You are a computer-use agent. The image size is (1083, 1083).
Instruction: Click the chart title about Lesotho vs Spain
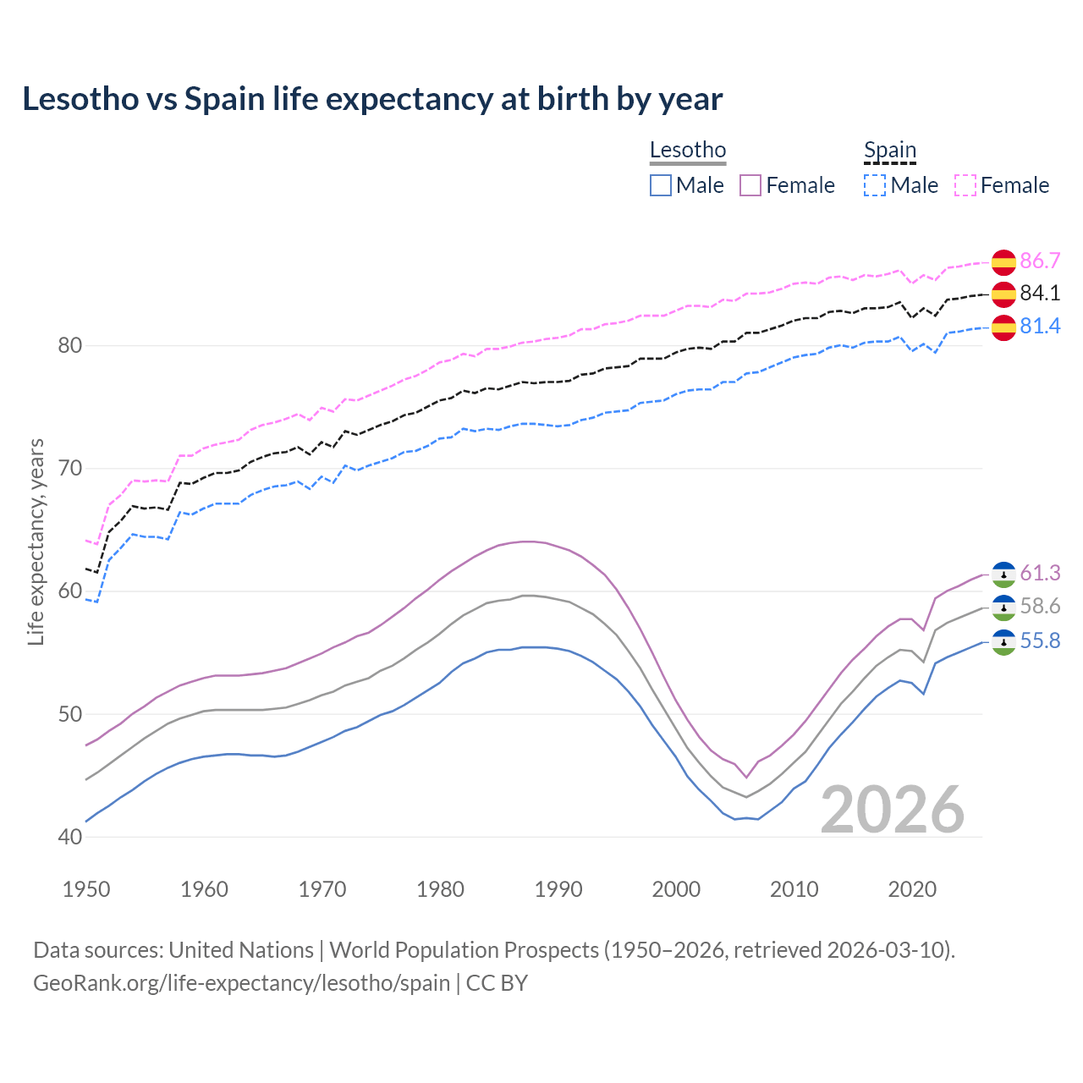tap(372, 99)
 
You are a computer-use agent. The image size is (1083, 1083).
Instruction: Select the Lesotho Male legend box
tap(661, 185)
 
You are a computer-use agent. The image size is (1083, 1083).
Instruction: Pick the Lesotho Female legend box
tap(750, 185)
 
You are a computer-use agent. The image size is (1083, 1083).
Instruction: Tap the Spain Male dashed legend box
tap(875, 185)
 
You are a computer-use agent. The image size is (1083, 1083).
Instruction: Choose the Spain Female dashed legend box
tap(965, 185)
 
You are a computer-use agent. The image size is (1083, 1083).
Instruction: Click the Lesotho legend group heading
tap(688, 151)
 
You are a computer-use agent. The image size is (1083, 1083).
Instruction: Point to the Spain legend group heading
tap(890, 151)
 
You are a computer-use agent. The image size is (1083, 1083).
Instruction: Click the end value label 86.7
tap(1040, 261)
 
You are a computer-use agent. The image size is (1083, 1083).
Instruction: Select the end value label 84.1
tap(1040, 294)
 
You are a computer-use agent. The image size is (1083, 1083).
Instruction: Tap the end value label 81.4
tap(1040, 326)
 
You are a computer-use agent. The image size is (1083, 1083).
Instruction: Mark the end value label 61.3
tap(1040, 574)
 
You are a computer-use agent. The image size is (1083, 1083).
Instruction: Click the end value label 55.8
tap(1040, 641)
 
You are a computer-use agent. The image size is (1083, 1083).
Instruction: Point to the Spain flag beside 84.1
tap(1003, 294)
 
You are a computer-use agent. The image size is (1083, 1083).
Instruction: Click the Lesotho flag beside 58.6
tap(1003, 607)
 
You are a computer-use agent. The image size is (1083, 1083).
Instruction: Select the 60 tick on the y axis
tap(70, 591)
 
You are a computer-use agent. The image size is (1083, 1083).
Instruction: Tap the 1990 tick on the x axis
tap(558, 889)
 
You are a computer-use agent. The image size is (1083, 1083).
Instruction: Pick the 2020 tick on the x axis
tap(913, 889)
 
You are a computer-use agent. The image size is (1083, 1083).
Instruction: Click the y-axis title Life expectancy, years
tap(36, 541)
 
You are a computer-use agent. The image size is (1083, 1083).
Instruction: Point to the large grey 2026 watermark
tap(893, 810)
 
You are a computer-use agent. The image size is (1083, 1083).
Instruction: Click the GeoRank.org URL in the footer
tap(241, 983)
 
